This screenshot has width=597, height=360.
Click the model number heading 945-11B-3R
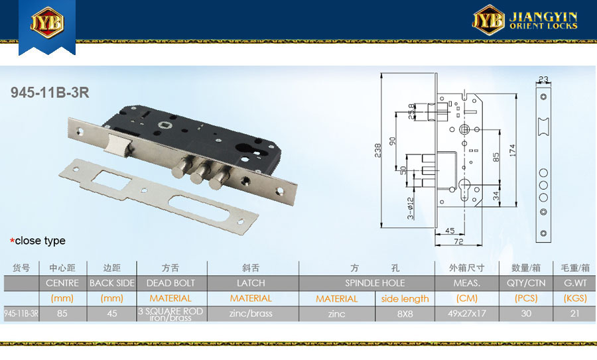(x=50, y=92)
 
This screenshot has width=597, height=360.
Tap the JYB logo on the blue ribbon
(x=47, y=23)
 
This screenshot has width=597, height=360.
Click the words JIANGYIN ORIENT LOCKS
(x=543, y=21)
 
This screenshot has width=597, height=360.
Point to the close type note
(x=38, y=241)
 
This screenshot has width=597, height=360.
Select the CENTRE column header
(x=62, y=283)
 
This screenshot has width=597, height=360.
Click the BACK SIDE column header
(x=112, y=283)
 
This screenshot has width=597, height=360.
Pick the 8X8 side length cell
(x=405, y=314)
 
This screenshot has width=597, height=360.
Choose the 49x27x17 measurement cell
(x=467, y=314)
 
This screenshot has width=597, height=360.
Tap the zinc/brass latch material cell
(x=251, y=314)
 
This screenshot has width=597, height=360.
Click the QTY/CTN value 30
(x=526, y=314)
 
